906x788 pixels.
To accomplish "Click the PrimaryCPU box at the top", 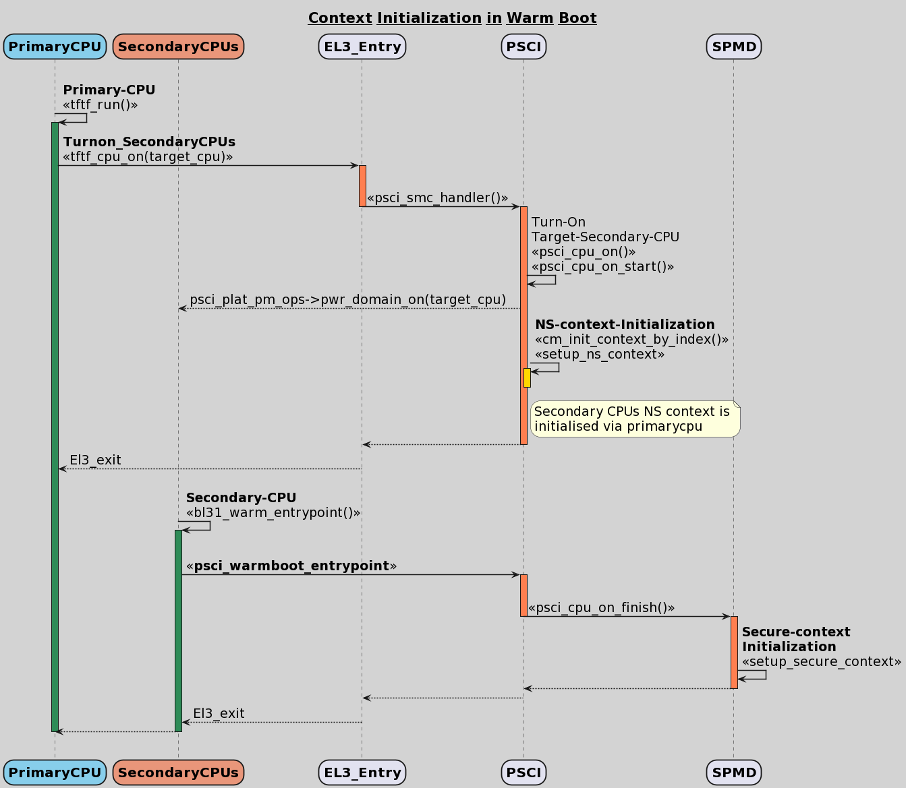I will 55,47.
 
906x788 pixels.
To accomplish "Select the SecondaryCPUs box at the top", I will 178,47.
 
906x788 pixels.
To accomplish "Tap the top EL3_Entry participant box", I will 362,47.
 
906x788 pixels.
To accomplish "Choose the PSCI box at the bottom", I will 523,772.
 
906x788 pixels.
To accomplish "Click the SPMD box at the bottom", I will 734,772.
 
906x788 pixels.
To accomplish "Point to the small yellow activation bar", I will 527,377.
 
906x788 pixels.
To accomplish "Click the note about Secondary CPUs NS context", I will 635,419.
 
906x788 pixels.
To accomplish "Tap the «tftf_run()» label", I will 100,104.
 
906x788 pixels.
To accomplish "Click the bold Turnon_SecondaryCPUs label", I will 149,142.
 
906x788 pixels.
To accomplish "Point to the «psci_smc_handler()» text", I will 437,198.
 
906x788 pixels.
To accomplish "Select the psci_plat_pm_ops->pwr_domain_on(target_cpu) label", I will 347,299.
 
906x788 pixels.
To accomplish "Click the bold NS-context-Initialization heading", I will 625,324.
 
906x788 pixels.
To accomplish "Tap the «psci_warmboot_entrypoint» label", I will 291,566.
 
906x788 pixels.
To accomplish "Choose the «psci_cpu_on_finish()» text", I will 601,607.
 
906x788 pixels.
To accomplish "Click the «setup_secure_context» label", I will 821,661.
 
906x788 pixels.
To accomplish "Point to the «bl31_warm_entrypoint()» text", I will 273,512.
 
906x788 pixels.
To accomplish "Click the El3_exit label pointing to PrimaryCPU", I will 95,460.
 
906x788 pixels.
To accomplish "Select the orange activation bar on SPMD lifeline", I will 734,652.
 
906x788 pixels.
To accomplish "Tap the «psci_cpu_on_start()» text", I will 602,266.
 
